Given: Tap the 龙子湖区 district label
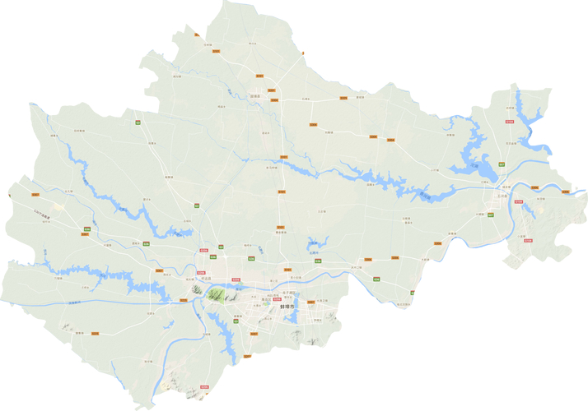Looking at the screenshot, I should (289, 293).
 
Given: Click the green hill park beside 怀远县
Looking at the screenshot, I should (216, 295).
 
